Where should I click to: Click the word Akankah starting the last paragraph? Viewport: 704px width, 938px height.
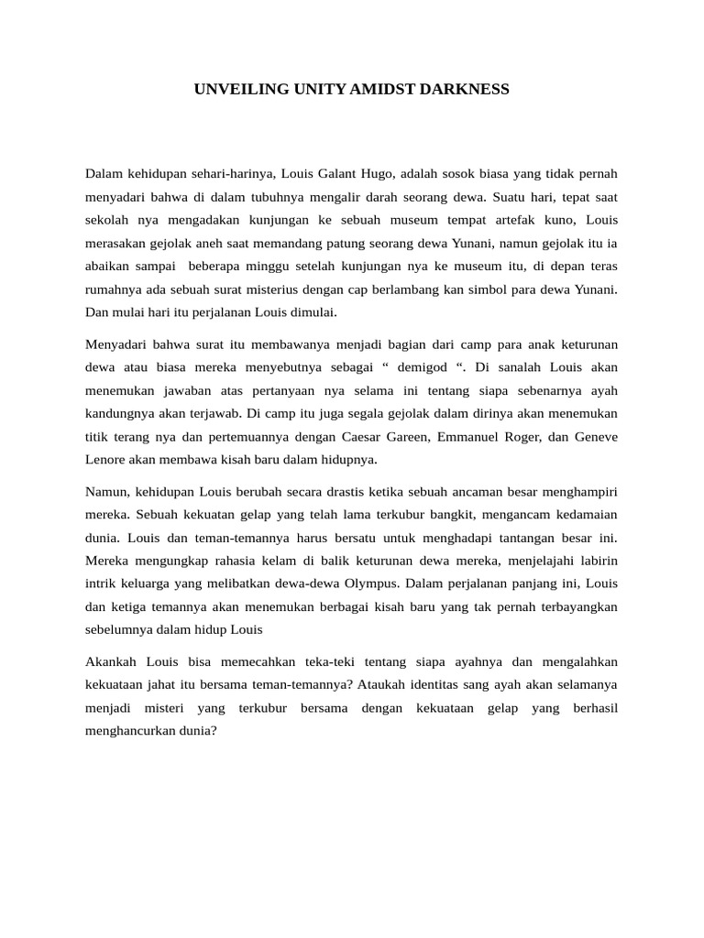110,661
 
